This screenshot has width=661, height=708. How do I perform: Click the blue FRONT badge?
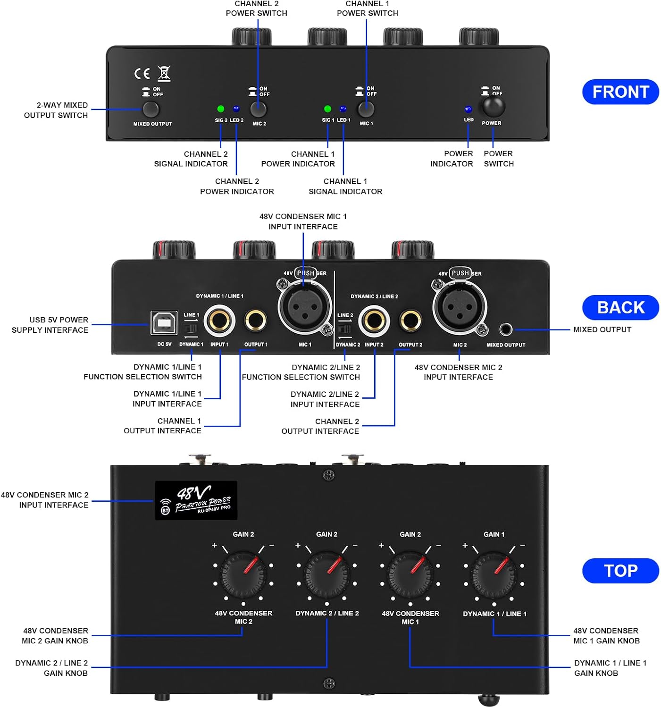(620, 92)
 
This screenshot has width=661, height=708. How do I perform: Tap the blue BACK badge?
(620, 308)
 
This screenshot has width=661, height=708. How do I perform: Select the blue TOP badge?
(620, 571)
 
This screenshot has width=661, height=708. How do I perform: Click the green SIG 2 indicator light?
(220, 109)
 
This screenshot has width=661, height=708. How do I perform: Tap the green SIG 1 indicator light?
(327, 109)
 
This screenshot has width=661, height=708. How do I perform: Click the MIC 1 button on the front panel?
(366, 109)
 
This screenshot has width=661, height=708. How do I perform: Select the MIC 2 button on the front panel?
(259, 109)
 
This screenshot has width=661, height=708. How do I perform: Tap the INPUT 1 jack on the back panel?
(219, 321)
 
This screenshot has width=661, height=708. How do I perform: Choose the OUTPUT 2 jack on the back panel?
(410, 321)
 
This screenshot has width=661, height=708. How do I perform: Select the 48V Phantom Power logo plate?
(196, 500)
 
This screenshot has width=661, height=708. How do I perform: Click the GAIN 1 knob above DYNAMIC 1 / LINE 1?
(494, 574)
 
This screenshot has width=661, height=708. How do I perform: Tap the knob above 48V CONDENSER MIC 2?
(243, 574)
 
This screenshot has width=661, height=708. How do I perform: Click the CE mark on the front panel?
(142, 74)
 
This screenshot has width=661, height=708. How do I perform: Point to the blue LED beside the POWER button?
(468, 110)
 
